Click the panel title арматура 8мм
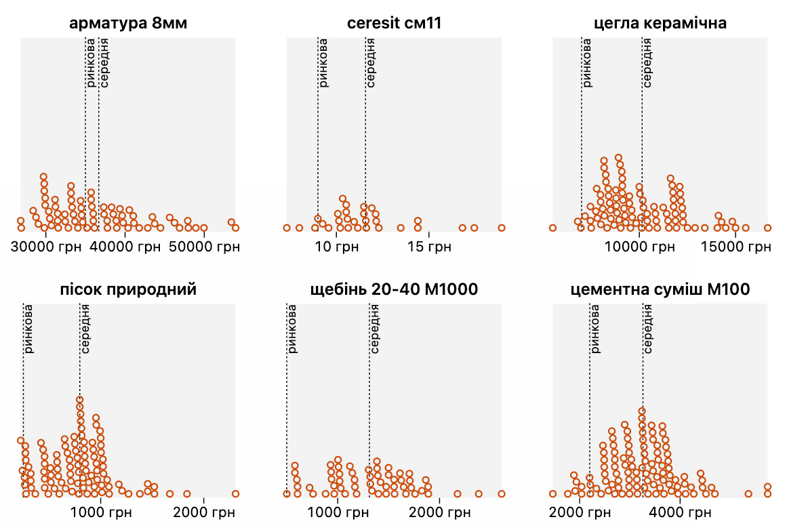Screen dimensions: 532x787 tap(128, 24)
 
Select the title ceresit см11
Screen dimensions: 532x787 tap(394, 24)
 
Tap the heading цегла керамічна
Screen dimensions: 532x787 tap(660, 24)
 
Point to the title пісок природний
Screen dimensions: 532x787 tap(128, 290)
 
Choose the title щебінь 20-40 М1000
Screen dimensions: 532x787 tap(394, 290)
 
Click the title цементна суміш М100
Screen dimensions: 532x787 tap(660, 290)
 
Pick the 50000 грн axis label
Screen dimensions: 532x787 tap(205, 248)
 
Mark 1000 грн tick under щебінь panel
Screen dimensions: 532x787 tap(337, 514)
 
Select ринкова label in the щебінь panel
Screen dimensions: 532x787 tap(292, 330)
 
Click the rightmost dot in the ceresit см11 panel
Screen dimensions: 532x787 tap(502, 228)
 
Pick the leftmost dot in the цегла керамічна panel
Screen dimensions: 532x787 tap(552, 228)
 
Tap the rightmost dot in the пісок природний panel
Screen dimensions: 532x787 tap(235, 493)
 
